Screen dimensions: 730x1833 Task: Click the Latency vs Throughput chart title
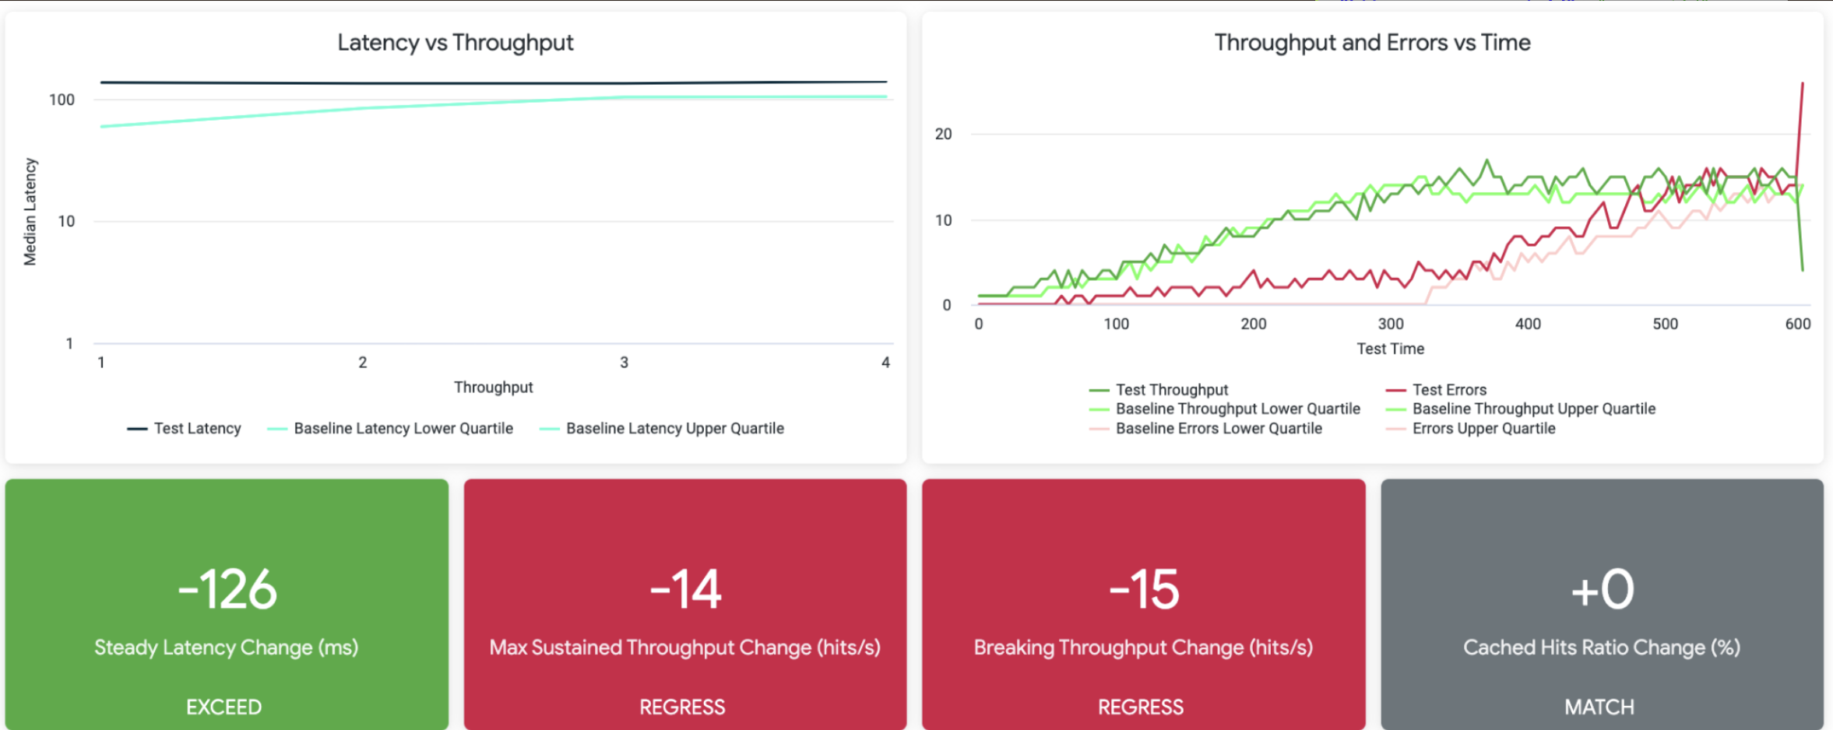[x=455, y=43]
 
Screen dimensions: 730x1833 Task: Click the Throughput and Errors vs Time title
[x=1372, y=43]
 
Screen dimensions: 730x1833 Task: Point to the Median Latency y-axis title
[x=30, y=212]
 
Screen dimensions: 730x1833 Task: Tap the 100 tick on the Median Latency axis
[x=62, y=100]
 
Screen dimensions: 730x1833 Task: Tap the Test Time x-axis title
[x=1390, y=349]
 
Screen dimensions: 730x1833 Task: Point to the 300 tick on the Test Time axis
[x=1391, y=324]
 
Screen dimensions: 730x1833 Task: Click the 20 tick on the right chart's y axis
[x=943, y=134]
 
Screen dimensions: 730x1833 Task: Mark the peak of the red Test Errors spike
[x=1802, y=83]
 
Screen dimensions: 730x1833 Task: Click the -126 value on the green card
[x=227, y=589]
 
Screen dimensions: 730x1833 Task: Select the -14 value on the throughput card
[x=685, y=589]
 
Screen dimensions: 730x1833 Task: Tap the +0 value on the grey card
[x=1602, y=589]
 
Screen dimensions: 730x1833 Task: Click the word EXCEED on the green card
[x=223, y=707]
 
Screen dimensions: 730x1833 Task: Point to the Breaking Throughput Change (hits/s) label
[x=1143, y=648]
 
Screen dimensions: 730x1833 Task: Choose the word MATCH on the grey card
[x=1599, y=707]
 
